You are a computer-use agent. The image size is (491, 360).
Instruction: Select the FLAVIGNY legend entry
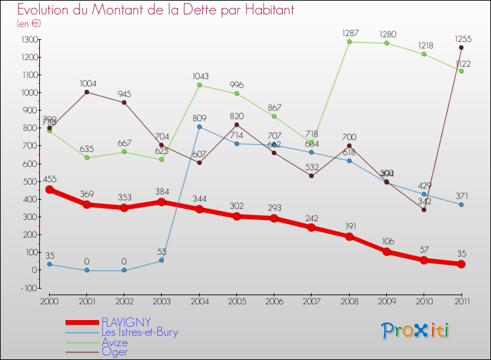coord(126,322)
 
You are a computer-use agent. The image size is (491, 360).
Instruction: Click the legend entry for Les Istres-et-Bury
coord(139,332)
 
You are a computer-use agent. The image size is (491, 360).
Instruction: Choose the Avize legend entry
coord(115,342)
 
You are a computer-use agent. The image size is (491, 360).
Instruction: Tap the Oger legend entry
coord(114,351)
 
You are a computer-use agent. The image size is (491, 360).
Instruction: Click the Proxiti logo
coord(416,331)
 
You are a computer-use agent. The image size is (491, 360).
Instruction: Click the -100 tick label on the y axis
coord(27,287)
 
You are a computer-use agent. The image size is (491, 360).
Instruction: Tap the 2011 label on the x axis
coord(461,300)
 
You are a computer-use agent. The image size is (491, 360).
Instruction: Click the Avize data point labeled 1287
coord(349,42)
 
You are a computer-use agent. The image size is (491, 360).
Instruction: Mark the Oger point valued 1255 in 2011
coord(461,47)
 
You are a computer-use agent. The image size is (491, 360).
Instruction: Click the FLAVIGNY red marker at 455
coord(49,189)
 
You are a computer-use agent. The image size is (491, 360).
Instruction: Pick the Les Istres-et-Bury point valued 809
coord(199,126)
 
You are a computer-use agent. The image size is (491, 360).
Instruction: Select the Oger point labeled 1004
coord(86,92)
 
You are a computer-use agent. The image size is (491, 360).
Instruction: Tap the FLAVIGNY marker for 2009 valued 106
coord(386,251)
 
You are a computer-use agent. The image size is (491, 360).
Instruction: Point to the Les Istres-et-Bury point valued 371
coord(461,204)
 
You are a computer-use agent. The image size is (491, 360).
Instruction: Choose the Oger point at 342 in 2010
coord(424,209)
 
